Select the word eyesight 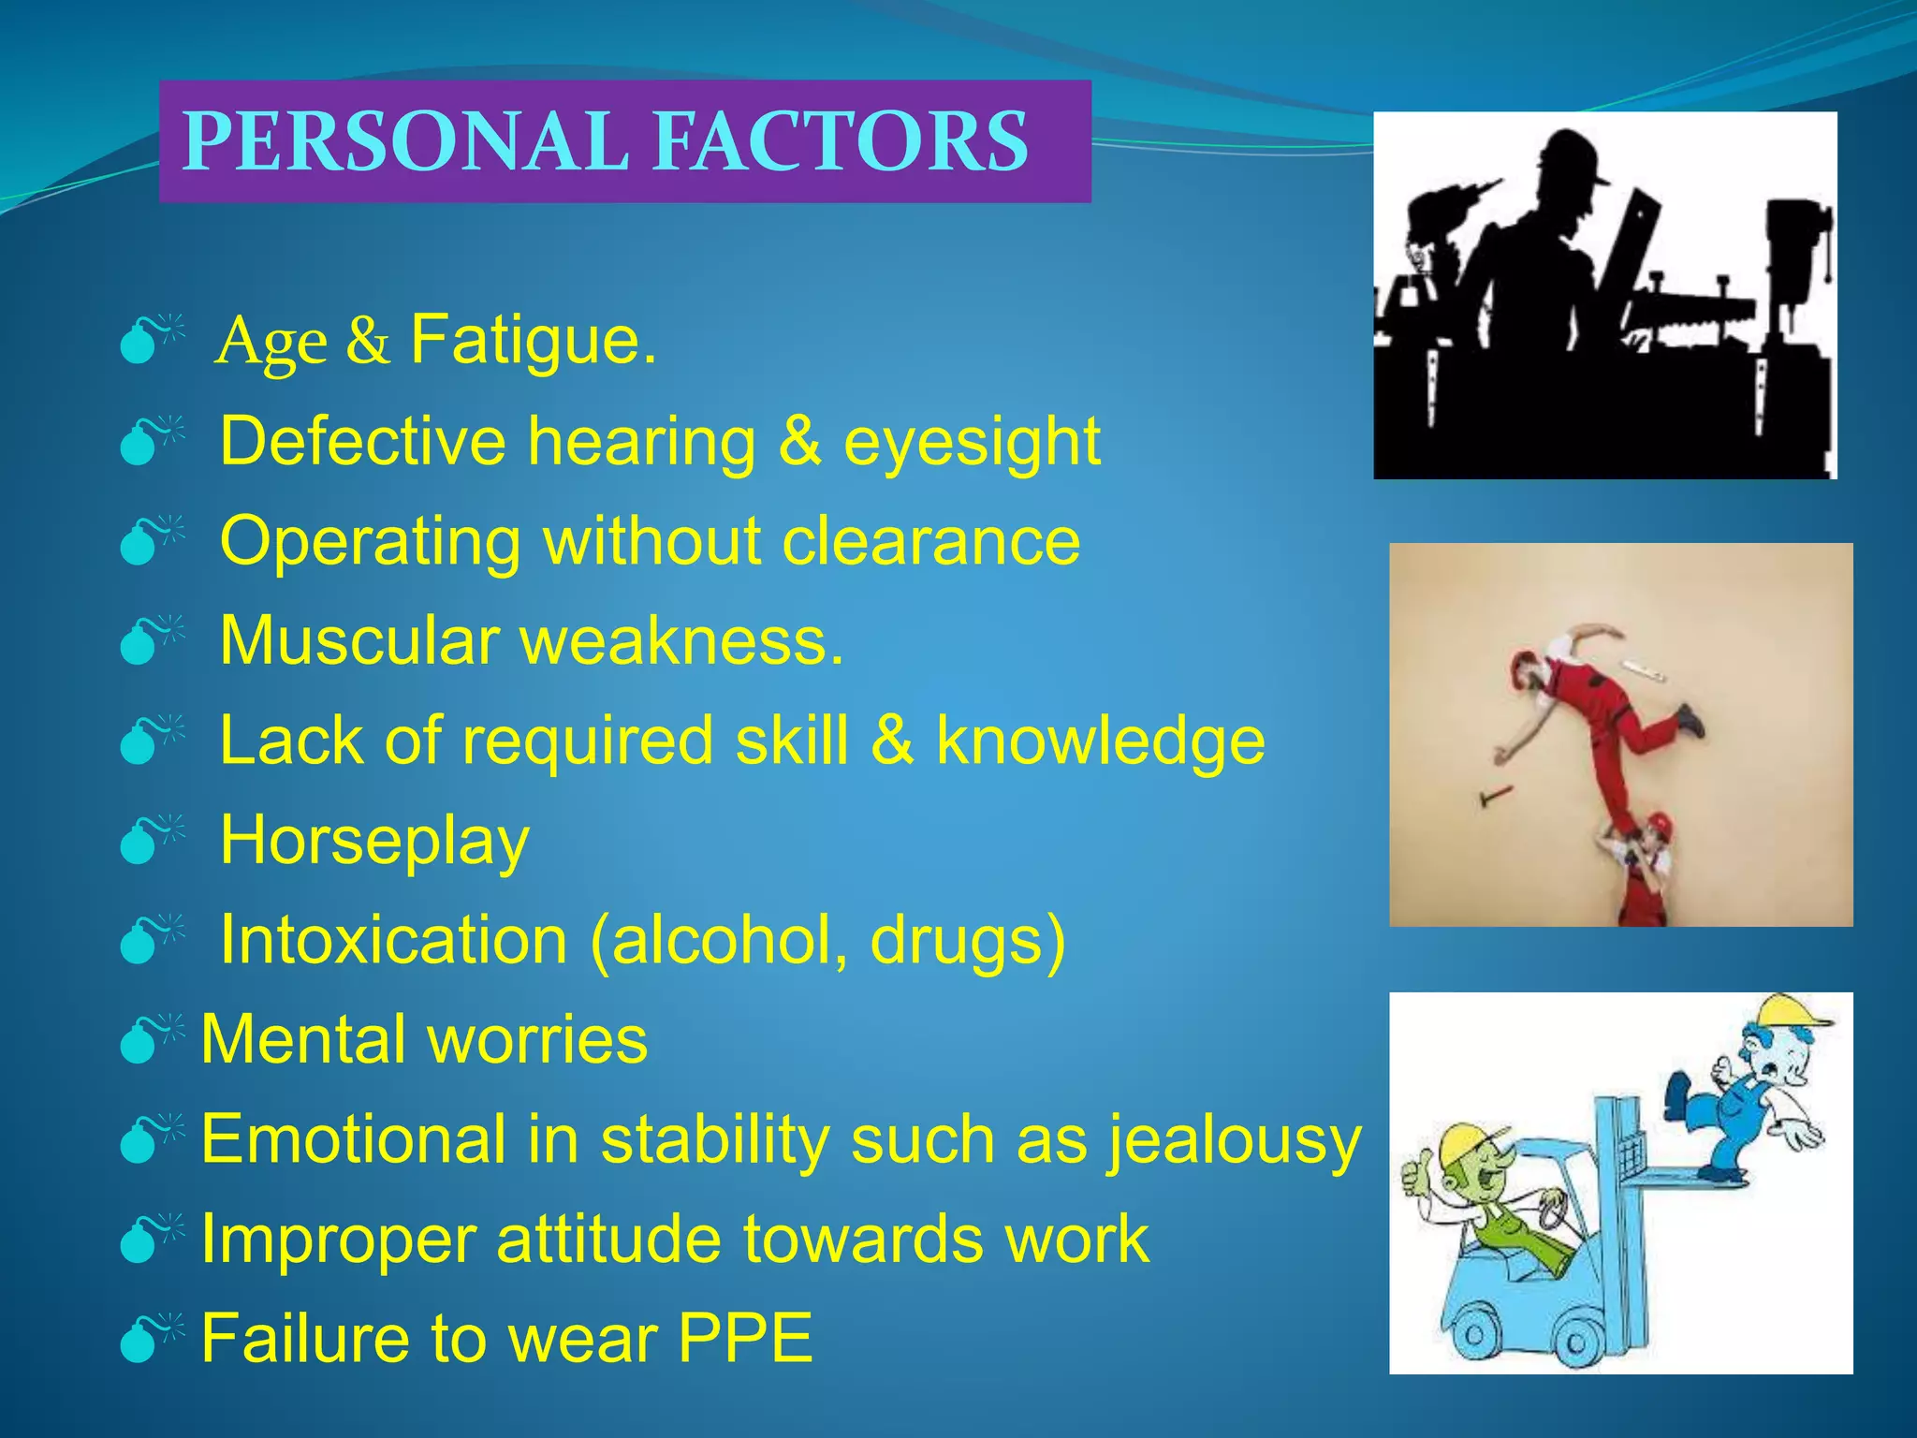(972, 442)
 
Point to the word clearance (930, 541)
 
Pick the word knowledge (1100, 741)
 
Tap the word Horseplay (374, 842)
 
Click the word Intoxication (393, 940)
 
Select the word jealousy (1234, 1141)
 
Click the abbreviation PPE (744, 1339)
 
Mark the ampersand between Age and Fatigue (368, 341)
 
